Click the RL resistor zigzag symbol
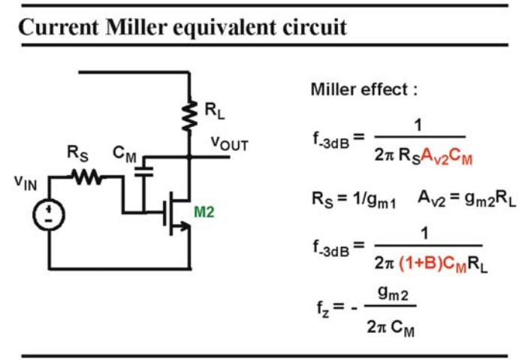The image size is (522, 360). tap(189, 115)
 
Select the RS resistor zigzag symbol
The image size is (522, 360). tap(87, 177)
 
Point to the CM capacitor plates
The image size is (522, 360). tap(143, 172)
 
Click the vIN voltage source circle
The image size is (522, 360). tap(49, 215)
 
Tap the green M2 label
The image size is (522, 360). tap(204, 212)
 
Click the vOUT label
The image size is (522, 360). tap(230, 144)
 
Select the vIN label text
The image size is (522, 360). tap(26, 183)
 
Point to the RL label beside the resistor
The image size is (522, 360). tap(214, 110)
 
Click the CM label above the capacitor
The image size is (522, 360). tap(125, 154)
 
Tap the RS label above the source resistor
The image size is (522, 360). tap(77, 153)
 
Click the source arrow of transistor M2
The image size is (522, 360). tap(184, 226)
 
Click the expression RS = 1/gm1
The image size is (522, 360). tap(354, 199)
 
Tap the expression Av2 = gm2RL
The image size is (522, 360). tap(467, 199)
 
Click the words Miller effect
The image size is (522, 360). tap(359, 89)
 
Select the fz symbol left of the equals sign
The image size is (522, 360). tap(323, 308)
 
